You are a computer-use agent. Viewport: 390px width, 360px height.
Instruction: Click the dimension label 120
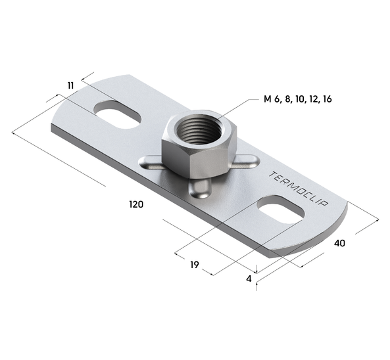(x=136, y=204)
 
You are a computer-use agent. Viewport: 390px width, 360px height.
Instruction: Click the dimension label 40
(x=340, y=243)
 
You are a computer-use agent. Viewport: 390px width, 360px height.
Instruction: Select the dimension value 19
(x=194, y=265)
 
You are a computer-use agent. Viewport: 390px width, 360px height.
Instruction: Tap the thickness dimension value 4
(x=249, y=279)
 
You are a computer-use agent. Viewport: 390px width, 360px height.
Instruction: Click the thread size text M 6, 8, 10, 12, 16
(x=297, y=99)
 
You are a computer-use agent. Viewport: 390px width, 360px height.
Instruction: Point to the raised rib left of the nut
(x=150, y=161)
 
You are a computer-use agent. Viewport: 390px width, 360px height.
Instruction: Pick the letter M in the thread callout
(x=267, y=99)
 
